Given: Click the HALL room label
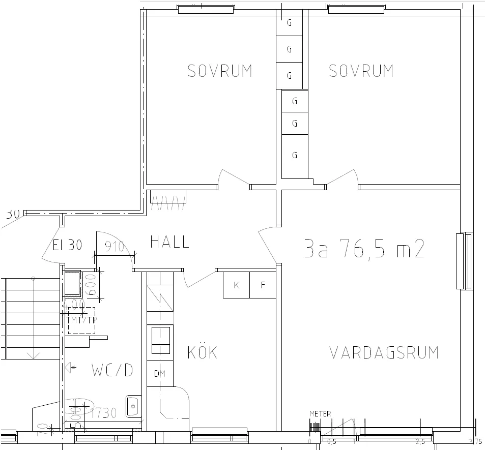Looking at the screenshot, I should coord(169,242).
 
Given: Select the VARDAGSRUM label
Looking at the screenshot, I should coord(384,352).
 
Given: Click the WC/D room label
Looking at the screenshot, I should coord(112,371).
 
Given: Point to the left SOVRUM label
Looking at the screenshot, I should coord(219,71).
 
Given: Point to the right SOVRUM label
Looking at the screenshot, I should coord(361,71).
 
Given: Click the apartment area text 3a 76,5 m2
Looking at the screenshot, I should coord(363,249).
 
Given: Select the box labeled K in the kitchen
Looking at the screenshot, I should coord(236,285).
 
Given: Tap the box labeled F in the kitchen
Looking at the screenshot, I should coord(263,285).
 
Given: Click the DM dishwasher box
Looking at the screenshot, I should coord(159,374).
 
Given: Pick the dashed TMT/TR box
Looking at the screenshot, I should coord(81,320).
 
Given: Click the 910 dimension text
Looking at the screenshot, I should coord(115,247).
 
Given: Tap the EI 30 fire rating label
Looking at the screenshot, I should coord(67,245).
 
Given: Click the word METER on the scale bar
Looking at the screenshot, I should coord(320,414).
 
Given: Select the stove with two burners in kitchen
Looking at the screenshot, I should coord(160,340).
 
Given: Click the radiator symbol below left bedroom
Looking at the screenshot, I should coord(168,200).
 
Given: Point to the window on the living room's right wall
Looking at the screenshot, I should coord(461,261).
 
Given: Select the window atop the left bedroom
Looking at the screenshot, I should coord(206,8).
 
